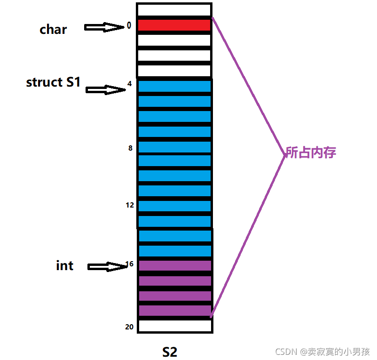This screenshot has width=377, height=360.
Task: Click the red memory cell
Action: coord(174,25)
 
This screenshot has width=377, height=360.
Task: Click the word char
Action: coord(53,30)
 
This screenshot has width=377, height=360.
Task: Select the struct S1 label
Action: coord(53,82)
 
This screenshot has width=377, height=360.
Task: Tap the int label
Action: coord(64,265)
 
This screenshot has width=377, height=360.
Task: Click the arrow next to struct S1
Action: coord(105,90)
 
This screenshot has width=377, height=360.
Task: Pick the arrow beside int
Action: coord(107,267)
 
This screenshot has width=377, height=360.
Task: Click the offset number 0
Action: coord(129,26)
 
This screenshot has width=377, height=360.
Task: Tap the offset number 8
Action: coord(130,148)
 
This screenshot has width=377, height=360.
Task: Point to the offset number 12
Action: coord(129,205)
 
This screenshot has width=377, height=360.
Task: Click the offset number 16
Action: coord(130,264)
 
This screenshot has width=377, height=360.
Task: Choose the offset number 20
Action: coord(130,327)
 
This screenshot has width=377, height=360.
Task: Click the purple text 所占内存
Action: coord(311,152)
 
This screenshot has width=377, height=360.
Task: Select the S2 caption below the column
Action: coord(170,352)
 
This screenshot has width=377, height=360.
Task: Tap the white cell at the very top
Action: coord(174,10)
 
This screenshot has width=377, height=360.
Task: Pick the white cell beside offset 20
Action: coord(175,325)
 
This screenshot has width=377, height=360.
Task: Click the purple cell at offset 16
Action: coord(175,266)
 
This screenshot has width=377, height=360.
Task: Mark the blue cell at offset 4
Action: coord(174,86)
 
